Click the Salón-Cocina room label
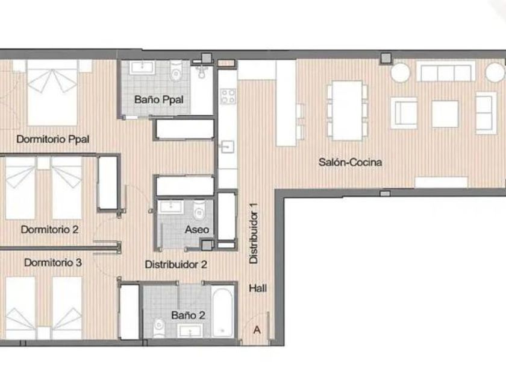(x=350, y=162)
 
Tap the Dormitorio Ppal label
(x=53, y=139)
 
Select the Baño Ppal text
(x=159, y=100)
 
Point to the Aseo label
(x=197, y=229)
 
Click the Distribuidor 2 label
(x=176, y=264)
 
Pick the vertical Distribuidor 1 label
(x=254, y=233)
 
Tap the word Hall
(x=258, y=288)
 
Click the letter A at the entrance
(x=257, y=330)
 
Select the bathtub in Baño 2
(x=223, y=312)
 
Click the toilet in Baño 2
(x=159, y=328)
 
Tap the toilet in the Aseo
(x=199, y=210)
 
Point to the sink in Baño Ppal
(x=142, y=68)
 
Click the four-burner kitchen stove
(x=228, y=97)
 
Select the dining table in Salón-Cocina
(x=348, y=110)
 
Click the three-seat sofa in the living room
(x=446, y=71)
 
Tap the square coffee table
(x=445, y=114)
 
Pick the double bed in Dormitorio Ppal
(x=52, y=92)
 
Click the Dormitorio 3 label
(x=53, y=262)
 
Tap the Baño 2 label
(x=188, y=315)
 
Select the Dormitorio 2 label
(x=49, y=229)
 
